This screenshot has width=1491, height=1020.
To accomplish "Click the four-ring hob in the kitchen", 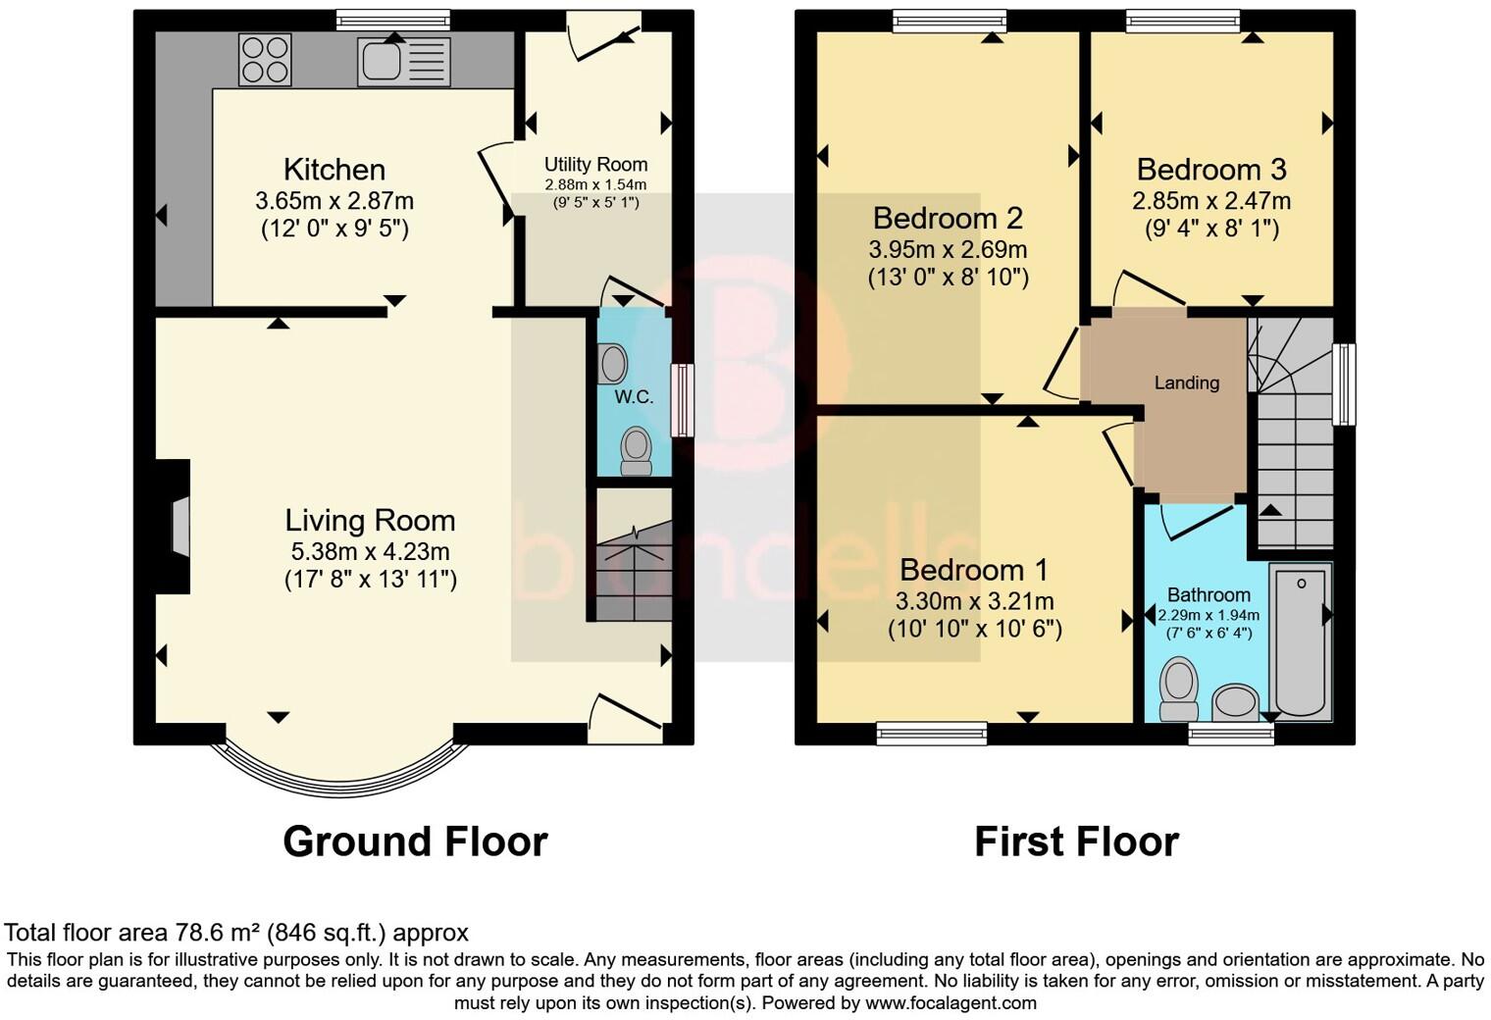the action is (x=265, y=61).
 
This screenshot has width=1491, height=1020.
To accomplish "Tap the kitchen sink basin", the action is (x=382, y=61).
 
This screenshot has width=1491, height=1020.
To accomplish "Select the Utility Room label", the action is (x=595, y=165).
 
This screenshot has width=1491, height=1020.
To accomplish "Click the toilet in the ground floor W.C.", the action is (x=637, y=451).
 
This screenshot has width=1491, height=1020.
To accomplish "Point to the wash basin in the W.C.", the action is (x=612, y=364).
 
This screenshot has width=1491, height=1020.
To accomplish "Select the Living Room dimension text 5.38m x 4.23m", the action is (x=370, y=551).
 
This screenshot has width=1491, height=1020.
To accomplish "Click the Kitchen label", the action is (x=334, y=169).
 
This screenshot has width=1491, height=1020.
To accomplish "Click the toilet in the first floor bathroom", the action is (x=1179, y=688).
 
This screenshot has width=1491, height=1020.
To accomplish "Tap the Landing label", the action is (x=1187, y=382).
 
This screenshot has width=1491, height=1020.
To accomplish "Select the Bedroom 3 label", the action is (x=1211, y=170).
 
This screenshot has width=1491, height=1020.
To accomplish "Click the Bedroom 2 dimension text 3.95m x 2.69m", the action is (x=948, y=249).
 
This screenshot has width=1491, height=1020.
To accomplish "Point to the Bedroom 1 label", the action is (x=974, y=570).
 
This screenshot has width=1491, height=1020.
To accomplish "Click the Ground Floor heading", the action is (x=415, y=841).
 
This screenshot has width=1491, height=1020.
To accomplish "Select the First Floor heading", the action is (x=1077, y=841).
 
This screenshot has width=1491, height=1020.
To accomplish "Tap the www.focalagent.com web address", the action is (x=951, y=1003).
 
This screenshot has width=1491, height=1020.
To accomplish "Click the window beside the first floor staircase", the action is (x=1344, y=384).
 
